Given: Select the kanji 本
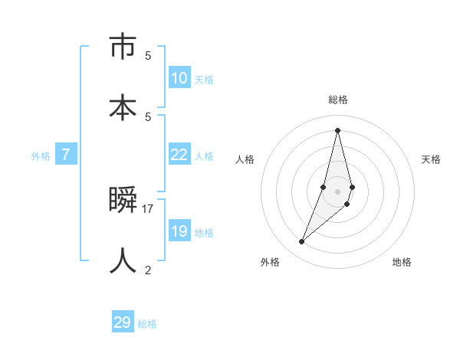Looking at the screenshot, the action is (x=123, y=106).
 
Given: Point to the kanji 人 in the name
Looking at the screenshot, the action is (x=123, y=260).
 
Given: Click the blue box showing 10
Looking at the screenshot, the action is (x=179, y=78).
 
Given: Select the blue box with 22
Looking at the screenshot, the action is (x=179, y=155).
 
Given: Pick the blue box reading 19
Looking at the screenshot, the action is (x=179, y=231).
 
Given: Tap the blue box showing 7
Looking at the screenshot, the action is (x=66, y=155).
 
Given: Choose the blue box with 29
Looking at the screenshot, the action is (x=123, y=322).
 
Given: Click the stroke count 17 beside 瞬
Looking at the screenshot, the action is (x=148, y=208).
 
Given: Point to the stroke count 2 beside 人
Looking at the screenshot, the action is (x=148, y=270).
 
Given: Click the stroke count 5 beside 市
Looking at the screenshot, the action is (x=148, y=55).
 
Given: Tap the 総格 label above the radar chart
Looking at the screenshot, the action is (x=338, y=100).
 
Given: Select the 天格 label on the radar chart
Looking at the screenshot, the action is (x=431, y=159).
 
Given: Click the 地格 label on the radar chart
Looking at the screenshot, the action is (x=402, y=262).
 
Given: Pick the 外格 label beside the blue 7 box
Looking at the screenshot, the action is (x=41, y=155).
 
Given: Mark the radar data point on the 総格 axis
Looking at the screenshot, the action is (x=338, y=129).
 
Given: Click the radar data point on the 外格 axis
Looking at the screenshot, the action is (x=301, y=242).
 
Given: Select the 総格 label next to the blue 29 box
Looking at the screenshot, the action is (x=147, y=323).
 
